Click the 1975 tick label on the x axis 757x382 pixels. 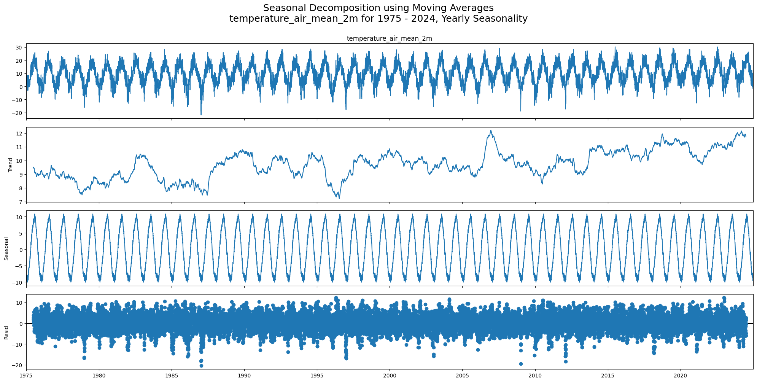[26, 376]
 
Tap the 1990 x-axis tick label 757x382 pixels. [244, 376]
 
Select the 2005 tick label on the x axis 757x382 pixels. [462, 376]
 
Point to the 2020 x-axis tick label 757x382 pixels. [680, 376]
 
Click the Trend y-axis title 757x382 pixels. [11, 165]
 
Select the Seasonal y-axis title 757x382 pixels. [6, 248]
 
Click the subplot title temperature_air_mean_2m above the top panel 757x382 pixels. [389, 38]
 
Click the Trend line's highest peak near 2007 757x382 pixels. [491, 131]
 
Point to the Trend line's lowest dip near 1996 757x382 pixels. [339, 198]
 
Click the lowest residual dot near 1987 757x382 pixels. [201, 366]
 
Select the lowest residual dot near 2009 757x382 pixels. [521, 364]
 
